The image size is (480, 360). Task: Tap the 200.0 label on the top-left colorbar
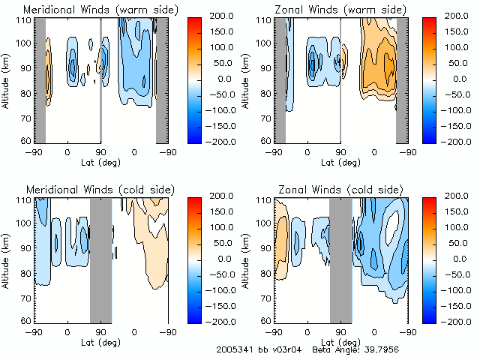(x=222, y=16)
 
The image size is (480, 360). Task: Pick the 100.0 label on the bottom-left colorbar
(x=222, y=227)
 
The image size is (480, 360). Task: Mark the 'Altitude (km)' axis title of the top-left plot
(x=7, y=79)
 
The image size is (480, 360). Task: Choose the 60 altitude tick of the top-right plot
(x=267, y=141)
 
